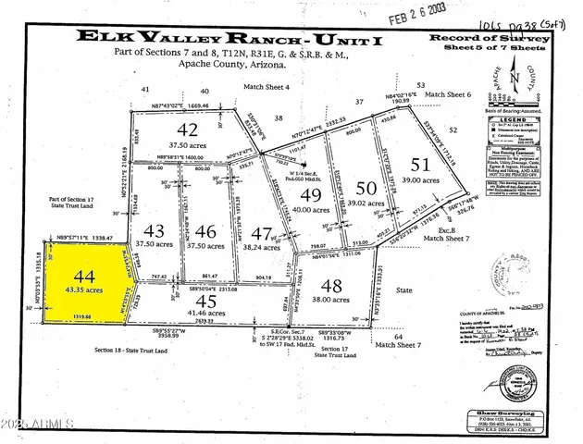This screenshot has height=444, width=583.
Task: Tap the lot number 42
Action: coord(188,129)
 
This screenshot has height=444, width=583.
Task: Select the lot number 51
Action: coord(420,166)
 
